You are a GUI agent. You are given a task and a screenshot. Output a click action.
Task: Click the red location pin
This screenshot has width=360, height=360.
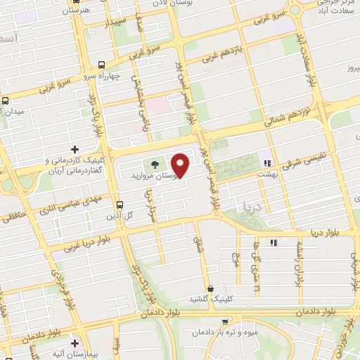(181, 165)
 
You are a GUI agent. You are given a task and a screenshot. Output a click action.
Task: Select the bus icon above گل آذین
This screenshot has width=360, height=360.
(120, 205)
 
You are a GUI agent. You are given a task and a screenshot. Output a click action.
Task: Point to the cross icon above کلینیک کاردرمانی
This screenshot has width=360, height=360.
(75, 149)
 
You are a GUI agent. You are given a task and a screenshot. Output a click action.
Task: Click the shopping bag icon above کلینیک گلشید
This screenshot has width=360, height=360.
(210, 289)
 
